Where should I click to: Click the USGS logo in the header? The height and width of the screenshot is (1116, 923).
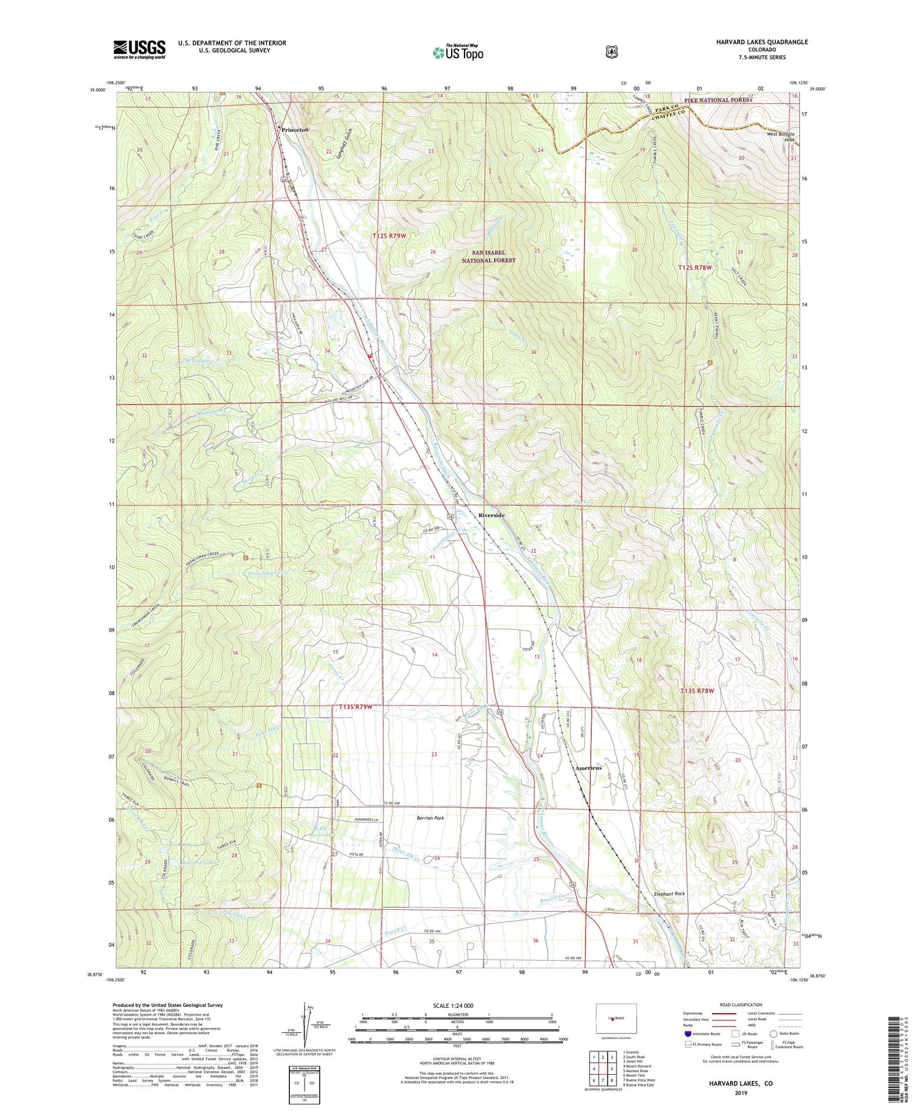[x=139, y=49]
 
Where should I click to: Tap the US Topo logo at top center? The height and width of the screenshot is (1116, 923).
[x=458, y=52]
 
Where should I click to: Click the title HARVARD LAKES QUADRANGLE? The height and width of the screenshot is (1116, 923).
[x=762, y=42]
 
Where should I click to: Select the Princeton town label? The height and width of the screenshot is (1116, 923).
[x=295, y=130]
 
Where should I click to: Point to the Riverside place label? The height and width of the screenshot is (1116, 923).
[x=492, y=515]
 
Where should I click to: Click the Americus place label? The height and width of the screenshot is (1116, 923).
[x=588, y=768]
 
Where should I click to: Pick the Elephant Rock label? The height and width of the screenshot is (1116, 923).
[x=669, y=894]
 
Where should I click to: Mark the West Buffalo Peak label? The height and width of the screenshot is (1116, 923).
[x=781, y=137]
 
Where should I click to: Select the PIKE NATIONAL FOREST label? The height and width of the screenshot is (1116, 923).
[x=718, y=100]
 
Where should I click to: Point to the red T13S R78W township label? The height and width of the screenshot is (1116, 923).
[x=697, y=691]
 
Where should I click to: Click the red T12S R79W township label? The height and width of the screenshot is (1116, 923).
[x=390, y=236]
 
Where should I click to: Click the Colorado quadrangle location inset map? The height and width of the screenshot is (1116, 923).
[x=616, y=1021]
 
